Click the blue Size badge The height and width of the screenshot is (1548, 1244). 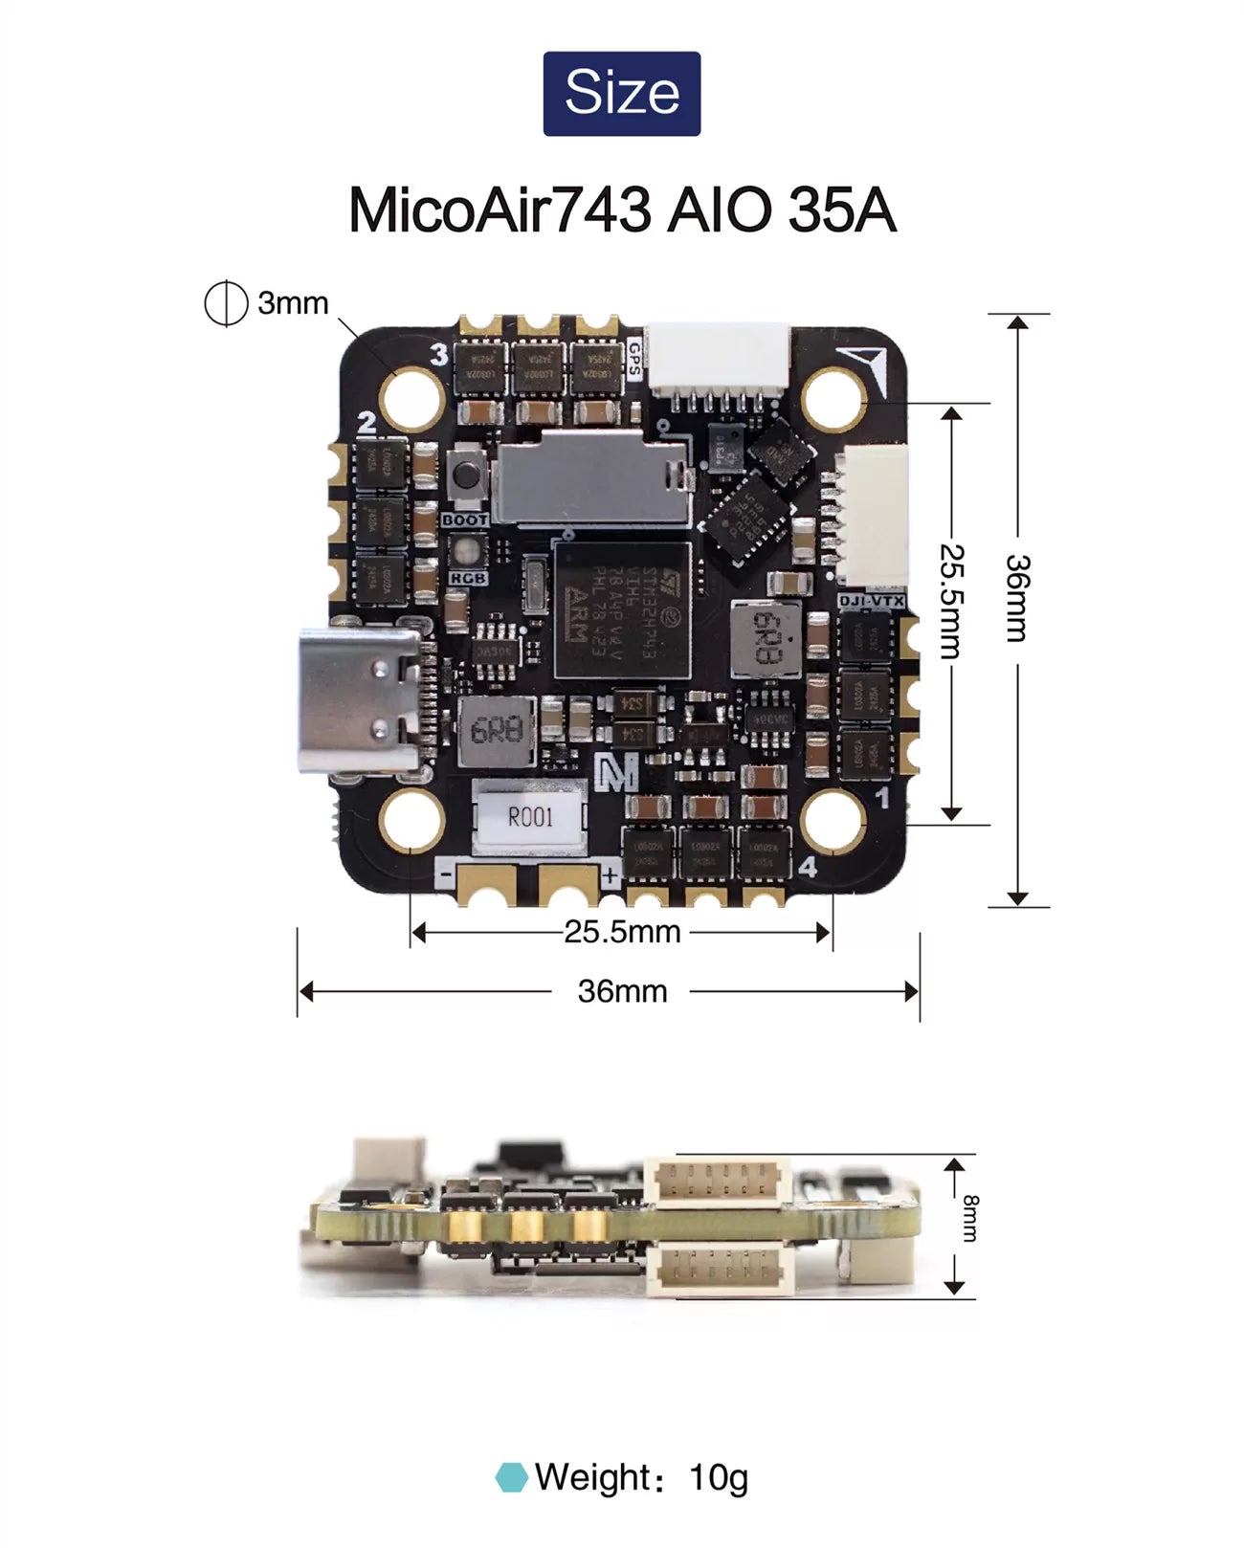point(622,94)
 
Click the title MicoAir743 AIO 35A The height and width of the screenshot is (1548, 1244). point(622,210)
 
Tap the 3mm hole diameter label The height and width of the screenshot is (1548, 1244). point(292,303)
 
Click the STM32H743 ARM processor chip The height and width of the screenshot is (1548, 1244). point(622,610)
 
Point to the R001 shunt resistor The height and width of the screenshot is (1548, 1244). point(530,816)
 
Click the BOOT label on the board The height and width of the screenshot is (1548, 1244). point(465,520)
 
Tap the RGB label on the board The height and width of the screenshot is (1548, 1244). point(468,578)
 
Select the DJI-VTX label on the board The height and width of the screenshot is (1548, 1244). point(871,601)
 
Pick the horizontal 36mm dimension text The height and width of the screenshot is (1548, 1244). point(622,991)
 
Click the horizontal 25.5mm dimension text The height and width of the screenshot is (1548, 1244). point(622,932)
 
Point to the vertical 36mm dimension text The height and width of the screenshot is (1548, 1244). point(1017,597)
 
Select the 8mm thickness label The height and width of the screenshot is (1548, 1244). point(969,1218)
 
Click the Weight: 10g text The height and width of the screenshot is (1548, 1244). point(641,1477)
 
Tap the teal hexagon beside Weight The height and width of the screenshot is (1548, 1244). point(512,1477)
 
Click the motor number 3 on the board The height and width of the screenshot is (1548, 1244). point(439,355)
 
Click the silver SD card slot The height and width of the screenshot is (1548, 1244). point(591,477)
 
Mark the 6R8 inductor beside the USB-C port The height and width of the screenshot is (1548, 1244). point(496,732)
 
